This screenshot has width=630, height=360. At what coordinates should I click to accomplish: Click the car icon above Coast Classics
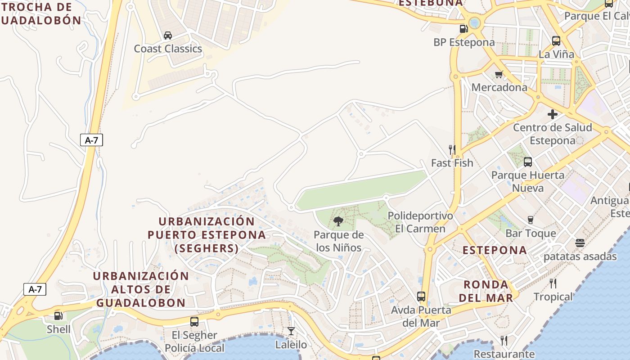pos(168,36)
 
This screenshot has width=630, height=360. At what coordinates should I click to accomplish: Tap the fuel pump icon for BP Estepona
pos(463,29)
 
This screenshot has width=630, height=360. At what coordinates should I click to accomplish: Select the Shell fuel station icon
pos(58,316)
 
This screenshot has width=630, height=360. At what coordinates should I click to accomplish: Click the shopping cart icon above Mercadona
pos(499,74)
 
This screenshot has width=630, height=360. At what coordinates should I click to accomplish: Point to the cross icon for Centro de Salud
pos(553,114)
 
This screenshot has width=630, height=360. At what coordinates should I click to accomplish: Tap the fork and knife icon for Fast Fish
pos(452,149)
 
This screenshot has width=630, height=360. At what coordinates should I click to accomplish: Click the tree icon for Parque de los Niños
pos(338,221)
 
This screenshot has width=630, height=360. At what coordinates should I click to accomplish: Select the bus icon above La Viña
pos(556,41)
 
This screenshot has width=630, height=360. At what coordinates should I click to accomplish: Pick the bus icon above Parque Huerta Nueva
pos(528,162)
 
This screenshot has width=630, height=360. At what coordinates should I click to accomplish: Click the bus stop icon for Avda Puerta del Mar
pos(421,297)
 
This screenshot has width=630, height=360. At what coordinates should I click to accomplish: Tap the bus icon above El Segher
pos(194,322)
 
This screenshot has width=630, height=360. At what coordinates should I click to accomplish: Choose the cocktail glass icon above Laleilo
pos(291,331)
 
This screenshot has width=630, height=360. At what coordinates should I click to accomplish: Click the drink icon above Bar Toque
pos(531,220)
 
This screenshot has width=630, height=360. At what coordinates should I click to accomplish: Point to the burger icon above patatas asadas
pos(580,243)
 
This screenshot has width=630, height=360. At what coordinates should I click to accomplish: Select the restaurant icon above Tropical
pos(553,283)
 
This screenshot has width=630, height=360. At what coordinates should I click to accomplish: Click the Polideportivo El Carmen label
pos(420,222)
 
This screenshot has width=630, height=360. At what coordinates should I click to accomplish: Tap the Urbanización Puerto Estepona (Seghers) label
pos(207,234)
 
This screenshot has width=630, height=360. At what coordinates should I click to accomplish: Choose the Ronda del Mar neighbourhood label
pos(486,291)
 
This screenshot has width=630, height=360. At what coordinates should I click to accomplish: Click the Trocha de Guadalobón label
pos(40,13)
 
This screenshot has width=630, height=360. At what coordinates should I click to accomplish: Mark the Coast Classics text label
pos(168,49)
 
